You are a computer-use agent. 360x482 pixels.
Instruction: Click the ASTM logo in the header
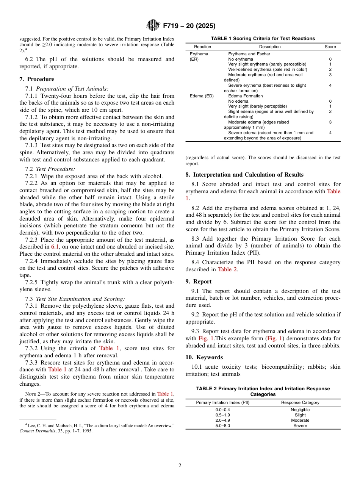click(x=153, y=26)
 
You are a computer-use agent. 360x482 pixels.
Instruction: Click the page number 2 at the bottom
click(x=180, y=466)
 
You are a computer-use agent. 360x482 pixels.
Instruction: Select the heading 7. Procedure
click(x=37, y=79)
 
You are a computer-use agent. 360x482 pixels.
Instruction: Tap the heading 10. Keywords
click(x=204, y=357)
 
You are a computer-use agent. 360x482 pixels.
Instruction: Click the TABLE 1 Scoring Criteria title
click(x=263, y=38)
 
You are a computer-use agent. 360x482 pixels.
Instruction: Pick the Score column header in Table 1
click(x=330, y=47)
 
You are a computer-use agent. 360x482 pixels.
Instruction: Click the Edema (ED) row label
click(x=202, y=96)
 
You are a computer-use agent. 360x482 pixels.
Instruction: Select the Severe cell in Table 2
click(x=300, y=426)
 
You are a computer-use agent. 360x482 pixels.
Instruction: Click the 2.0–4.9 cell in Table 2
click(x=222, y=420)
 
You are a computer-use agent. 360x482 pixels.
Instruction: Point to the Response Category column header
click(x=300, y=402)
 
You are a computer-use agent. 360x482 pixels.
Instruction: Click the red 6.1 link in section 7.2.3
click(x=55, y=247)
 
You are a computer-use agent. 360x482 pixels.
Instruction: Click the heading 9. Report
click(x=199, y=282)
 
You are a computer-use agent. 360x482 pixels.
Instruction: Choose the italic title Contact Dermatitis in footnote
click(x=37, y=431)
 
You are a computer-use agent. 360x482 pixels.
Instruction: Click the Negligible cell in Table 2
click(x=300, y=410)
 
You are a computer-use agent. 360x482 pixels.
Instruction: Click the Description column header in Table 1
click(x=270, y=47)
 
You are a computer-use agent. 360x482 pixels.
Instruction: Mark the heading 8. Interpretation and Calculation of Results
click(x=244, y=175)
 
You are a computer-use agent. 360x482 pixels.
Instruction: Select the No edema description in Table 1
click(x=238, y=101)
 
